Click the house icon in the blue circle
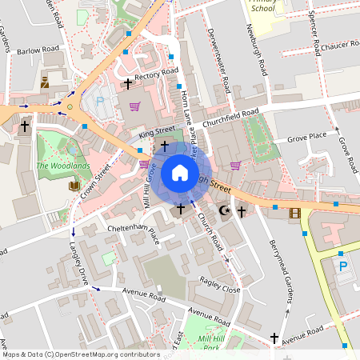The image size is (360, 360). click(x=180, y=173)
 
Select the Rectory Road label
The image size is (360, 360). click(x=156, y=74)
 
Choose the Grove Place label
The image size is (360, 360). click(x=307, y=135)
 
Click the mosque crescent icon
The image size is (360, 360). click(x=224, y=210)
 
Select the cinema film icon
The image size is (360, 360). click(x=295, y=213)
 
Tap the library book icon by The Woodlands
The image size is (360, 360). click(x=74, y=186)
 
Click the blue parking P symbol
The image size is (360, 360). click(x=343, y=266)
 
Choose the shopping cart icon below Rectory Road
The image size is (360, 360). click(x=134, y=106)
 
